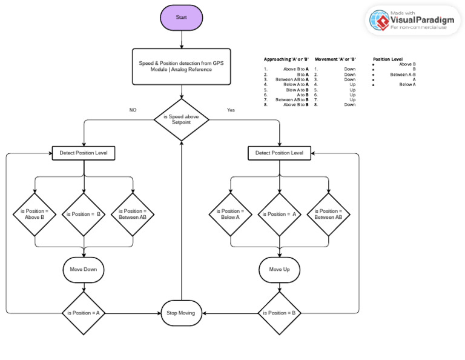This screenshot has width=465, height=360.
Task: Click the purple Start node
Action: pos(181,17)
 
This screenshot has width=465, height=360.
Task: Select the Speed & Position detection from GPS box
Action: pos(181,66)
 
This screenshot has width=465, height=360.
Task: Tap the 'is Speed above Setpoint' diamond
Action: pos(181,119)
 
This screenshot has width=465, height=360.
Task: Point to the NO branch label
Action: pos(133,110)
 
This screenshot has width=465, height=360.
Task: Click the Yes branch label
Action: pos(231,110)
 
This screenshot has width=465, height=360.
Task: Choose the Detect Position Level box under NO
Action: pos(84,153)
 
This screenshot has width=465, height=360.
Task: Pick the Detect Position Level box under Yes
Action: pos(279,153)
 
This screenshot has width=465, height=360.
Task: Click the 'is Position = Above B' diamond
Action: pos(35,214)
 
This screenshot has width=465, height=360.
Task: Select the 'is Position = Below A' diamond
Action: pos(231,214)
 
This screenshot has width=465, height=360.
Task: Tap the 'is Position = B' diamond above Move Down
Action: pos(84,214)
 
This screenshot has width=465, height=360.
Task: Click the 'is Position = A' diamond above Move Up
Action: pos(279,214)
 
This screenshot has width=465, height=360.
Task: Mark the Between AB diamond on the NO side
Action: pos(133,214)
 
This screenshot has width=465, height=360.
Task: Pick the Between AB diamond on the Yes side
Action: pos(329,214)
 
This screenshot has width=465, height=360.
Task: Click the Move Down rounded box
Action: pos(84,269)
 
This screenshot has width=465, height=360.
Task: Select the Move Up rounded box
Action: pos(279,269)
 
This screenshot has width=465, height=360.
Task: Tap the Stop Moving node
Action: pos(181,313)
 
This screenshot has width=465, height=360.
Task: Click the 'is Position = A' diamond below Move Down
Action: pos(84,313)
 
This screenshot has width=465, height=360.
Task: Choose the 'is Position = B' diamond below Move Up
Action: pos(279,313)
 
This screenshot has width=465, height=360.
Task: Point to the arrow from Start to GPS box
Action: pos(181,39)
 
